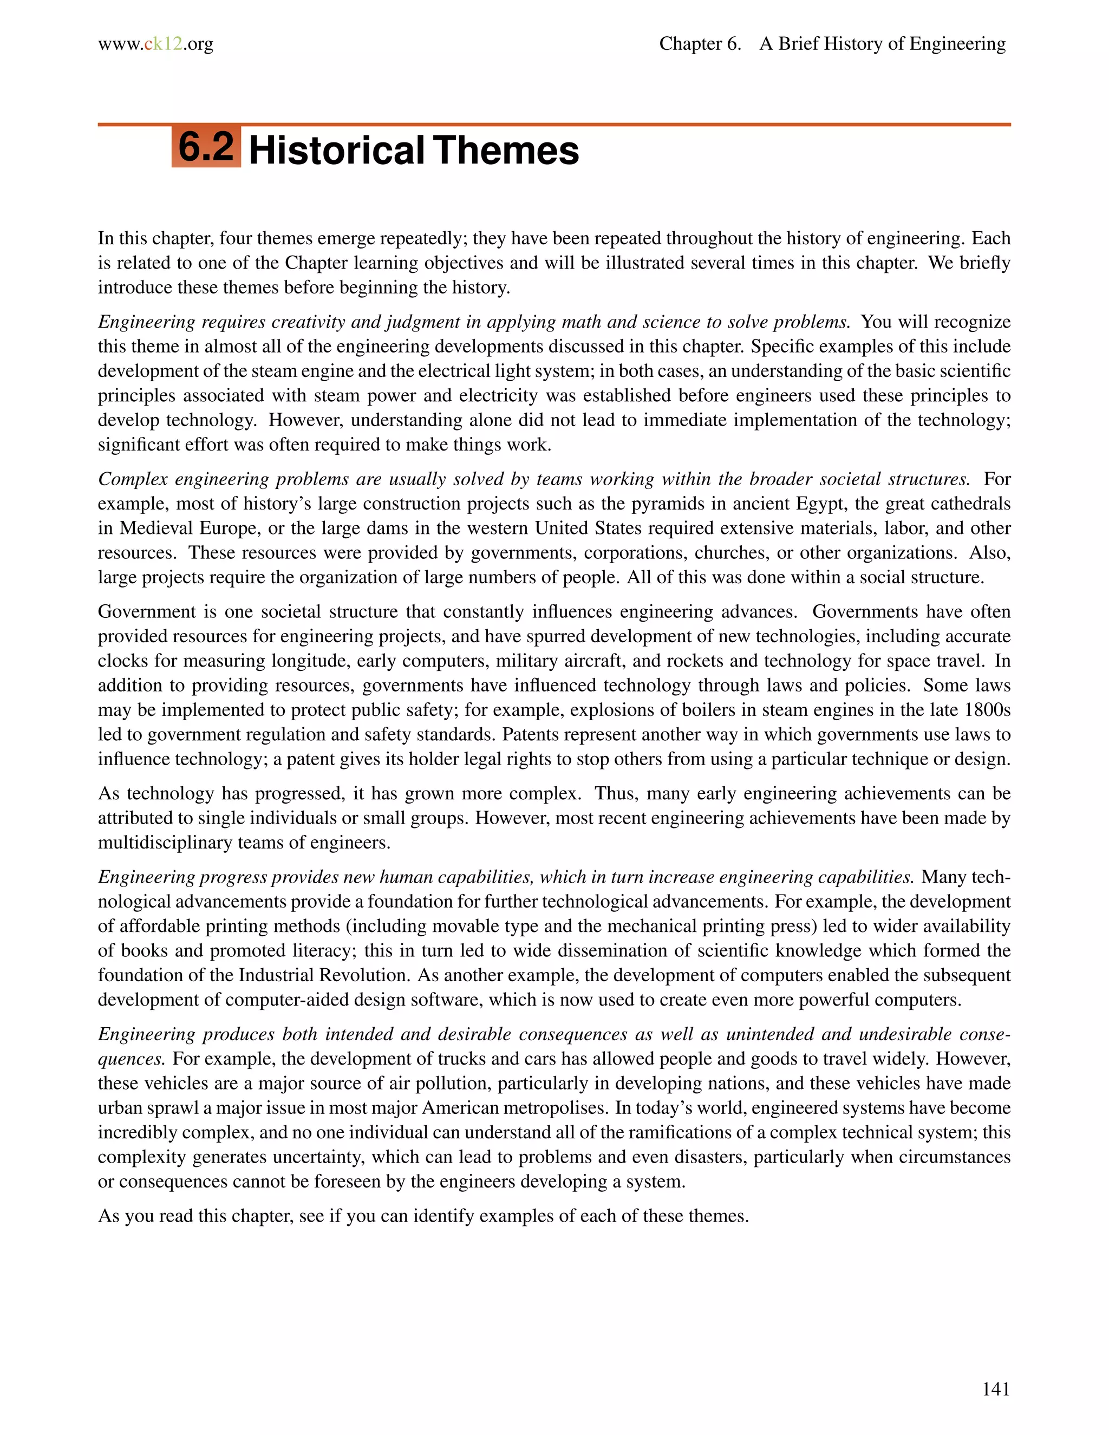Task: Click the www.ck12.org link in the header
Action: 156,44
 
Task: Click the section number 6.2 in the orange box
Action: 206,147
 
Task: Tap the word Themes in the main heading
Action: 505,151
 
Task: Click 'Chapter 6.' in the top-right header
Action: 700,44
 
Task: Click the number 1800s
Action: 987,710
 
